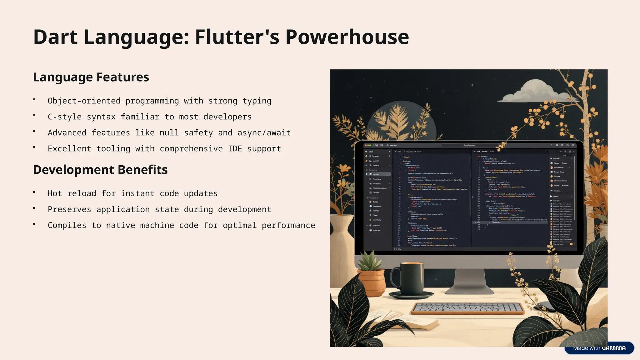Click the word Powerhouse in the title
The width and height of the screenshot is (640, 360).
click(347, 37)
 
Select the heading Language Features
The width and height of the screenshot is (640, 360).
click(91, 77)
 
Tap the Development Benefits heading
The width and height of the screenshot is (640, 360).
click(100, 170)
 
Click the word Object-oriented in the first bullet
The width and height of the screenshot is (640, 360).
click(84, 101)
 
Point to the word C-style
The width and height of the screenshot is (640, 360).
click(64, 117)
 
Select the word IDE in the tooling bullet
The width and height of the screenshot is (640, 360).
click(235, 149)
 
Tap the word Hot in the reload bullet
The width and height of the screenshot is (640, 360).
click(55, 193)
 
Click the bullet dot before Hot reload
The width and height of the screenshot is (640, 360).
click(34, 192)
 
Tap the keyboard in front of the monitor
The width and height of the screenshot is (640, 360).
click(468, 308)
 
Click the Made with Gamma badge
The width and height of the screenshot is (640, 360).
click(599, 348)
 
